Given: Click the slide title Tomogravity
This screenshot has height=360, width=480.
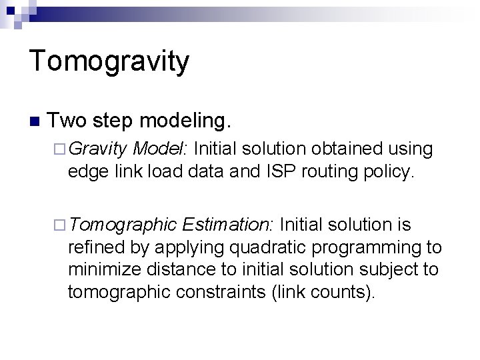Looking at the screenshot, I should [x=109, y=62].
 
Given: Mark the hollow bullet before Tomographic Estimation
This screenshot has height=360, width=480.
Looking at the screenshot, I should [x=59, y=225].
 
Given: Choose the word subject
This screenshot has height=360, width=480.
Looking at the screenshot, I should [x=383, y=269].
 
